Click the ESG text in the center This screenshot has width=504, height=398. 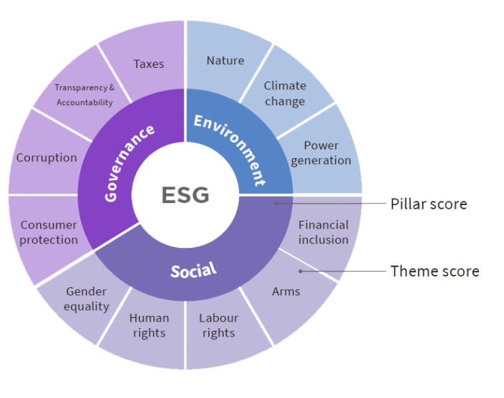click(x=185, y=194)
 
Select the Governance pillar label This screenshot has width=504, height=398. click(x=130, y=163)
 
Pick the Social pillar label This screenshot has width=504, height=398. click(x=193, y=269)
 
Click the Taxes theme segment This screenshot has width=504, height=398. click(x=148, y=64)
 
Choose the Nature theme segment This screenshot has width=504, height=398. click(x=225, y=61)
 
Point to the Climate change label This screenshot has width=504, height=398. click(x=284, y=94)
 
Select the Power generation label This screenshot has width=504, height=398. click(x=321, y=153)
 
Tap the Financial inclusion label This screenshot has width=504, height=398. click(x=323, y=232)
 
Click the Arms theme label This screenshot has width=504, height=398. click(x=286, y=292)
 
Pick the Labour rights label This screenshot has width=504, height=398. click(x=218, y=325)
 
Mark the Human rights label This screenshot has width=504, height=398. click(x=149, y=325)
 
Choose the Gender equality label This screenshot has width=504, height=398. click(x=86, y=299)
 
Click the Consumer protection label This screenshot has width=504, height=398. click(x=49, y=233)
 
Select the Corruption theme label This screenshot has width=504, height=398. click(x=47, y=157)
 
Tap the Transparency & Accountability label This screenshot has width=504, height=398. click(x=84, y=95)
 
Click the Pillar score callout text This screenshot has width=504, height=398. click(x=429, y=204)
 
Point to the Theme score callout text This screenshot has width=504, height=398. click(x=435, y=271)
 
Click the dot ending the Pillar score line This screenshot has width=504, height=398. click(x=276, y=203)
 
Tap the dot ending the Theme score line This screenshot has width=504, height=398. click(x=301, y=271)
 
